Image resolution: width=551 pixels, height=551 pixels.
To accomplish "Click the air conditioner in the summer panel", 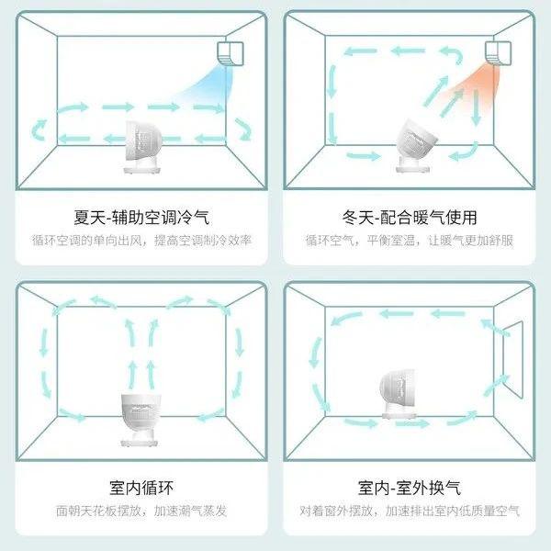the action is point(231,53).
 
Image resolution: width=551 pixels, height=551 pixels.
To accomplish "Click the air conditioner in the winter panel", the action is point(498,52).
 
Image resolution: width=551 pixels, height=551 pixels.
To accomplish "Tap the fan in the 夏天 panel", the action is point(143,147).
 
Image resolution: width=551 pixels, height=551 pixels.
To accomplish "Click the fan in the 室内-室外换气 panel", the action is point(399,394).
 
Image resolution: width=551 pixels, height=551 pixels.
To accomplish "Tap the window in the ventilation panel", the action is point(512,359).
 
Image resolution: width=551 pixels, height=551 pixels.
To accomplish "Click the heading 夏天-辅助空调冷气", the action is point(141,218).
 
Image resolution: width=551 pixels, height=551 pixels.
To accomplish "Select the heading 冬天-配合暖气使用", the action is point(410,218).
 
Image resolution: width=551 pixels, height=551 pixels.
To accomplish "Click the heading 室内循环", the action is point(141,488).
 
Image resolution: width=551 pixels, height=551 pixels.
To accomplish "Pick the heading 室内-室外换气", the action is point(410,488).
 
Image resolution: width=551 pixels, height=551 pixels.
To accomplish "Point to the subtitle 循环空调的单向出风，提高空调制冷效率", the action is point(141,241).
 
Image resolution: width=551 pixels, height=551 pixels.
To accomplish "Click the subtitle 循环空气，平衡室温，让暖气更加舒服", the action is point(410,241).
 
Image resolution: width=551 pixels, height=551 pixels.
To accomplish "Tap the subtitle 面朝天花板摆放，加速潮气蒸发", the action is point(141,511).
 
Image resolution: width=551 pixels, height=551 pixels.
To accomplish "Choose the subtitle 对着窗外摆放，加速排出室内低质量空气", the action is point(410,511).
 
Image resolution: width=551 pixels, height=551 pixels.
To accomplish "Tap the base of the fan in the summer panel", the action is point(142,169).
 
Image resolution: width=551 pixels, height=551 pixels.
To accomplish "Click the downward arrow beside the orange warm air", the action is point(476,107).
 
